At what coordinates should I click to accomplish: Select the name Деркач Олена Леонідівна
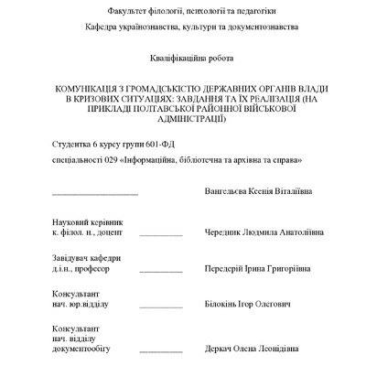point(253,349)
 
